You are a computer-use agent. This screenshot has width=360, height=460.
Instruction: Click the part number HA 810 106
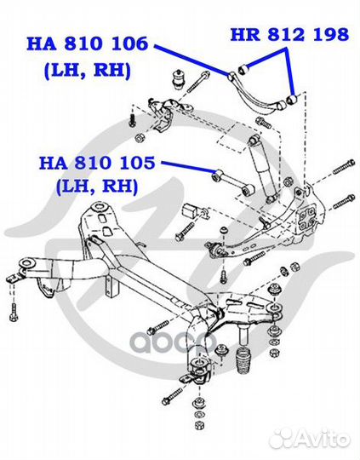click(x=88, y=44)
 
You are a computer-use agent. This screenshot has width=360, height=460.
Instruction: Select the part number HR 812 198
click(x=289, y=34)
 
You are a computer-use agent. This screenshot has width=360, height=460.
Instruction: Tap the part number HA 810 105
click(x=97, y=163)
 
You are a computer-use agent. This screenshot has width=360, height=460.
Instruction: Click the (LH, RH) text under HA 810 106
click(x=88, y=71)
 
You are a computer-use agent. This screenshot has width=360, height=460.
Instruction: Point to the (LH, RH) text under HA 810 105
click(x=97, y=186)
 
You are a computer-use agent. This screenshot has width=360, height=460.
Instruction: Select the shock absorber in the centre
click(x=262, y=168)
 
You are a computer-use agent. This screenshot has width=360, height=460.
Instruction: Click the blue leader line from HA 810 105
click(x=188, y=166)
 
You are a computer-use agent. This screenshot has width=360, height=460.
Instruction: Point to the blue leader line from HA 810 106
click(x=191, y=60)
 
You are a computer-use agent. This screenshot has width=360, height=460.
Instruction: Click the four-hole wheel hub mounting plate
click(x=306, y=220)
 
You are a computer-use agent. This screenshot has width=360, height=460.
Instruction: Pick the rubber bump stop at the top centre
click(x=178, y=78)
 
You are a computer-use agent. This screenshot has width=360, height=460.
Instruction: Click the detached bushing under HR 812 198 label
click(x=243, y=70)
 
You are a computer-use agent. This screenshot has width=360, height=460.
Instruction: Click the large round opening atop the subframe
click(x=99, y=207)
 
